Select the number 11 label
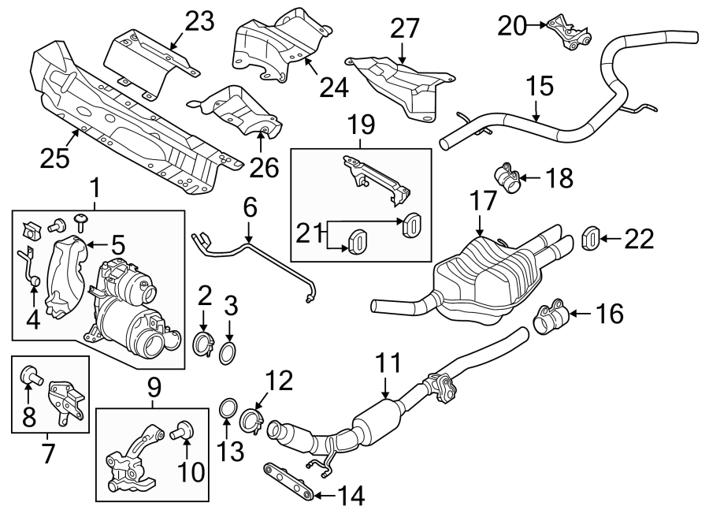(388, 364)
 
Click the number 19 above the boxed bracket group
(362, 125)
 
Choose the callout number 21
(309, 234)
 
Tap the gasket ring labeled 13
(227, 409)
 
